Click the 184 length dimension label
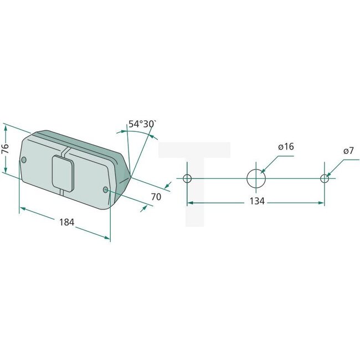coord(66,222)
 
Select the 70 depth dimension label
coord(156,197)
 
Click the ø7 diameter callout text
coord(348,150)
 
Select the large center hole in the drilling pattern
coord(255,178)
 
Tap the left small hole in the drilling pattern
coord(187,178)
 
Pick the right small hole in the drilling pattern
coord(325,178)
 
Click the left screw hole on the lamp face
coord(24,160)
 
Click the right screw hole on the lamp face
coord(106,190)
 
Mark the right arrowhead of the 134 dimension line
coord(322,203)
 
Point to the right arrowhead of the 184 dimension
coord(107,238)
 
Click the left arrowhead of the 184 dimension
coord(22,209)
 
